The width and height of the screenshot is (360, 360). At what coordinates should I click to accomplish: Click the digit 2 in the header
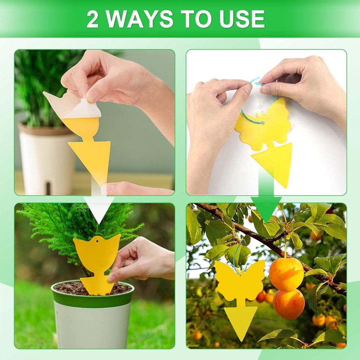tap(92, 19)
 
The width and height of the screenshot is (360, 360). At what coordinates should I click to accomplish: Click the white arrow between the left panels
tap(99, 207)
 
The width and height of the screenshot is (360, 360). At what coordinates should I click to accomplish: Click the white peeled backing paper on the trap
tap(72, 105)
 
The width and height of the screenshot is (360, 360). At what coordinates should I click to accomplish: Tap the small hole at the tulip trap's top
tap(96, 241)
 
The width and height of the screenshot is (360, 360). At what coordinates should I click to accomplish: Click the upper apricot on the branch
tap(286, 274)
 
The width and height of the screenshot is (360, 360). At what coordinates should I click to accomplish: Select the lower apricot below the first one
tap(289, 304)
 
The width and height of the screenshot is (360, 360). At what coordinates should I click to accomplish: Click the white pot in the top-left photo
tap(46, 162)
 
